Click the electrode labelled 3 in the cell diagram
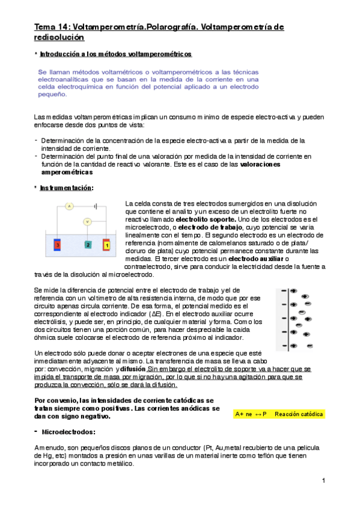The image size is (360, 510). [58, 245]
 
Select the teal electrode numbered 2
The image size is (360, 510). [88, 245]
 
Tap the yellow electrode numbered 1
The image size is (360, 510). [107, 245]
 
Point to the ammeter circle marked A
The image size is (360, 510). [69, 206]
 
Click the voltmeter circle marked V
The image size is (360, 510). [87, 221]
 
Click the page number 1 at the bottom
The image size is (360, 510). [323, 481]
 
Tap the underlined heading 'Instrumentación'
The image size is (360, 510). [66, 188]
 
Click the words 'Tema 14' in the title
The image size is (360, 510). [50, 27]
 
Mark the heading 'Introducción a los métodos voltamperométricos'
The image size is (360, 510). [115, 55]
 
